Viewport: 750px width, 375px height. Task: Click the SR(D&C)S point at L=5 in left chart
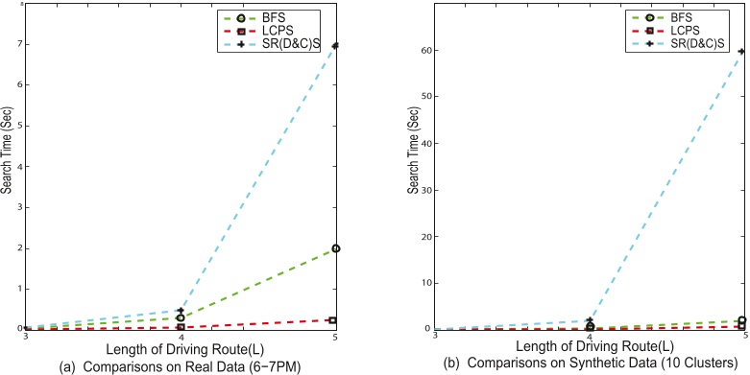(x=334, y=46)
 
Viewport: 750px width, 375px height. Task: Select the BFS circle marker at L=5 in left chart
(x=334, y=248)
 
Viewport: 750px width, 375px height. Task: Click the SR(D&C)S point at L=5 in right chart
(x=743, y=52)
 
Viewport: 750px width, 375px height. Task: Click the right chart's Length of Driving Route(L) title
(x=589, y=349)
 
